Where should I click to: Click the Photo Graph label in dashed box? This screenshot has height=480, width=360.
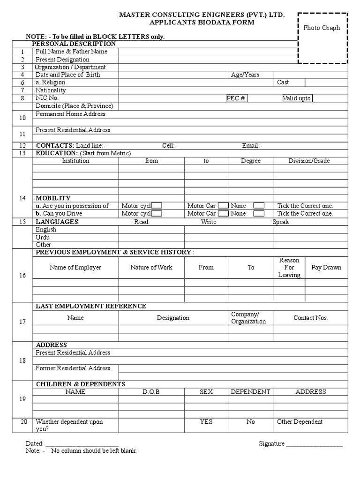[x=322, y=28]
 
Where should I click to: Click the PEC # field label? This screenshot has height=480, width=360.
[x=236, y=98]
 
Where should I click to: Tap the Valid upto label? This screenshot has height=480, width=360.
[x=297, y=98]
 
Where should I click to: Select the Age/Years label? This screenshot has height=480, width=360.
[x=245, y=75]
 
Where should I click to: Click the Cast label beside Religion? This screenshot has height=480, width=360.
[x=283, y=82]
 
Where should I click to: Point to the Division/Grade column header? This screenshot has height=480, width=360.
[x=308, y=161]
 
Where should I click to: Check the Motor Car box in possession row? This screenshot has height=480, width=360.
[x=224, y=206]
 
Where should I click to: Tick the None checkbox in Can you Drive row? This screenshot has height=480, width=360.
[x=259, y=213]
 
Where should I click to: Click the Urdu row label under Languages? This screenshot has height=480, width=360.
[x=43, y=237]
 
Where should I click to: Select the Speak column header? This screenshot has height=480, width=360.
[x=281, y=222]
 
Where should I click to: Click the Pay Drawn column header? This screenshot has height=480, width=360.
[x=326, y=268]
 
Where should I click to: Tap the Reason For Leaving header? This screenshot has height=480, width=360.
[x=289, y=268]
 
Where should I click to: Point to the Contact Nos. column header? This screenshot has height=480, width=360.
[x=310, y=318]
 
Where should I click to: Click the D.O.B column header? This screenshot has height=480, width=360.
[x=151, y=392]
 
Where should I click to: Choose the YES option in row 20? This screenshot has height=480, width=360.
[x=206, y=422]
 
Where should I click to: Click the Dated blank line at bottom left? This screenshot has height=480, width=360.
[x=82, y=444]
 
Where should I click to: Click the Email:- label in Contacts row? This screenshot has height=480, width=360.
[x=252, y=146]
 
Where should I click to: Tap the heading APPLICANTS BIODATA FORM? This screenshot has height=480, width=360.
[x=202, y=22]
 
